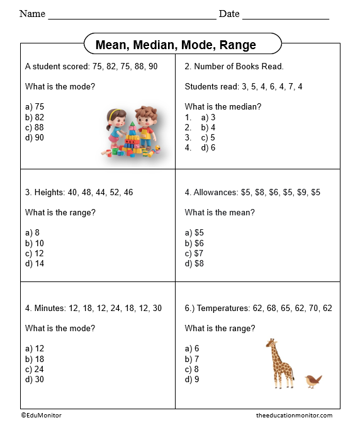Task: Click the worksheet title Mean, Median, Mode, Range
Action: click(x=176, y=45)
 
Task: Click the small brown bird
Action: click(x=313, y=380)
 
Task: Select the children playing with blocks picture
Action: click(x=132, y=131)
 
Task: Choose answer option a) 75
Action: click(x=35, y=107)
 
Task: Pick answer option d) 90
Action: click(x=35, y=137)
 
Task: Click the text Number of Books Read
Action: click(x=234, y=66)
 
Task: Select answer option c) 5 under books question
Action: click(x=208, y=137)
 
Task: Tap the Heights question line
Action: click(x=79, y=192)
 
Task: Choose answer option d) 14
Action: click(x=35, y=263)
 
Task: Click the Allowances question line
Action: click(x=252, y=192)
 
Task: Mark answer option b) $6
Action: click(x=194, y=243)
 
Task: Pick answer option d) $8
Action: click(x=194, y=263)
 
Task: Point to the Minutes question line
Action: click(x=93, y=308)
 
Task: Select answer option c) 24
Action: click(x=35, y=369)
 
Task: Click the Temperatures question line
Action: click(x=258, y=308)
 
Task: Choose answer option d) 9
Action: click(x=192, y=379)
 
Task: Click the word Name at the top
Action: click(x=32, y=13)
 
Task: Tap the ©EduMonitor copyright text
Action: click(x=41, y=415)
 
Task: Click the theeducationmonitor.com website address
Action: click(x=294, y=415)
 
